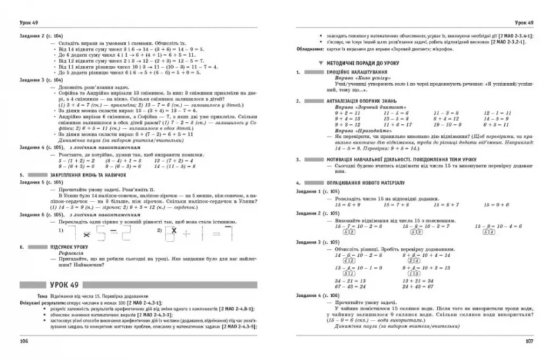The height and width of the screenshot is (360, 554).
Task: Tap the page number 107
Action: pyautogui.click(x=529, y=340)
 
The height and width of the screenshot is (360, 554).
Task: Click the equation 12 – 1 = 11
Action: pyautogui.click(x=497, y=112)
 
